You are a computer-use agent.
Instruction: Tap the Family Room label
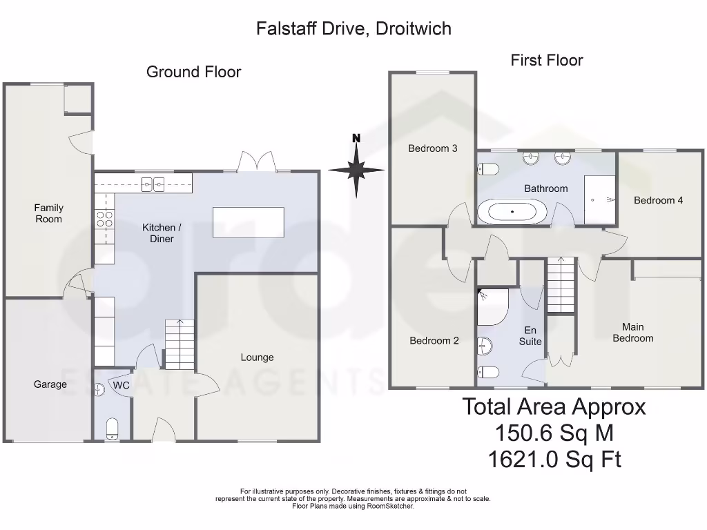49,213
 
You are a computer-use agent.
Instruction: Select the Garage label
50,384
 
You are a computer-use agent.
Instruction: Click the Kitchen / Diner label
162,233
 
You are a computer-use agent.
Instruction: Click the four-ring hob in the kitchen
104,219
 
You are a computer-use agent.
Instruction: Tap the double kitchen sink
153,184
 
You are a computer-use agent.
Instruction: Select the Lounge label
257,357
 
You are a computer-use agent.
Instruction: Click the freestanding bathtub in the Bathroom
512,211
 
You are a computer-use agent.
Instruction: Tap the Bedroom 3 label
432,148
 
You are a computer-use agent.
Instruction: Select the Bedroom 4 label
658,200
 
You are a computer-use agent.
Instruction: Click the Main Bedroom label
632,333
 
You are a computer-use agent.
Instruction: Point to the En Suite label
530,335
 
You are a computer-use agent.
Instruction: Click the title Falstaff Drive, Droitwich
353,28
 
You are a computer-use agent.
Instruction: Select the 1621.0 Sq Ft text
554,459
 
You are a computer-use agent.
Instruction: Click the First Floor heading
546,60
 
